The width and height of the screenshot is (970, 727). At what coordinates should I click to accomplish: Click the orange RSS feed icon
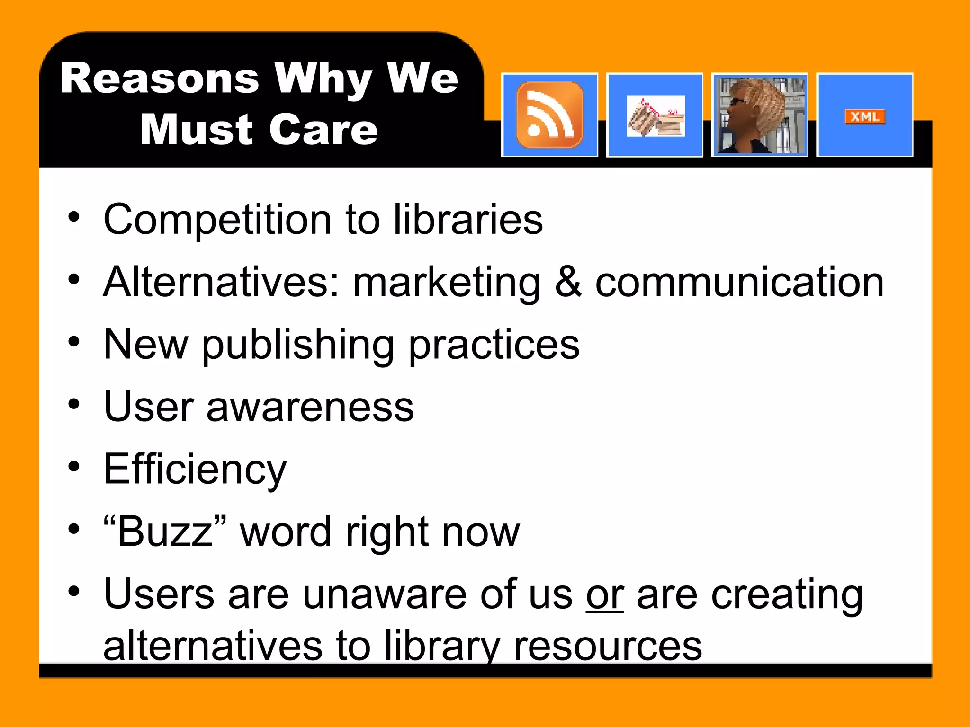(x=549, y=115)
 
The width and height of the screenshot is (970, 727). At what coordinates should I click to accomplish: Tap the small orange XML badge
(x=865, y=116)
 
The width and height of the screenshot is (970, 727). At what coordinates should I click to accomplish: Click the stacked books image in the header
(x=656, y=116)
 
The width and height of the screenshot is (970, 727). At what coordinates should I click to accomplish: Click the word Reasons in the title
(x=160, y=78)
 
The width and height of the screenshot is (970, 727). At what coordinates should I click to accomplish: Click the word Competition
(x=217, y=219)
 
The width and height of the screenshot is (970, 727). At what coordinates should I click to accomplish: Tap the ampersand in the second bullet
(x=567, y=282)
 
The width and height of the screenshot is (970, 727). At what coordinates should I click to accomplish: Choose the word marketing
(x=446, y=283)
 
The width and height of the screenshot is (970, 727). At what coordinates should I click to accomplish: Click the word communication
(x=739, y=283)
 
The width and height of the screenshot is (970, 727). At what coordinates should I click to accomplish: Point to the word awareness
(x=310, y=407)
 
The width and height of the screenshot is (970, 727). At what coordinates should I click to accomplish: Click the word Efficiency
(x=195, y=470)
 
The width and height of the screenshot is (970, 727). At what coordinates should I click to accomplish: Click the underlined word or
(x=605, y=595)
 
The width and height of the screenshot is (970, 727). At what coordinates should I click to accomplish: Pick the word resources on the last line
(x=608, y=646)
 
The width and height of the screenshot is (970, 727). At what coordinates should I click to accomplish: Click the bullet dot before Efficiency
(x=74, y=467)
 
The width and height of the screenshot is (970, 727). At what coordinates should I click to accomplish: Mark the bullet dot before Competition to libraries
(x=74, y=217)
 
